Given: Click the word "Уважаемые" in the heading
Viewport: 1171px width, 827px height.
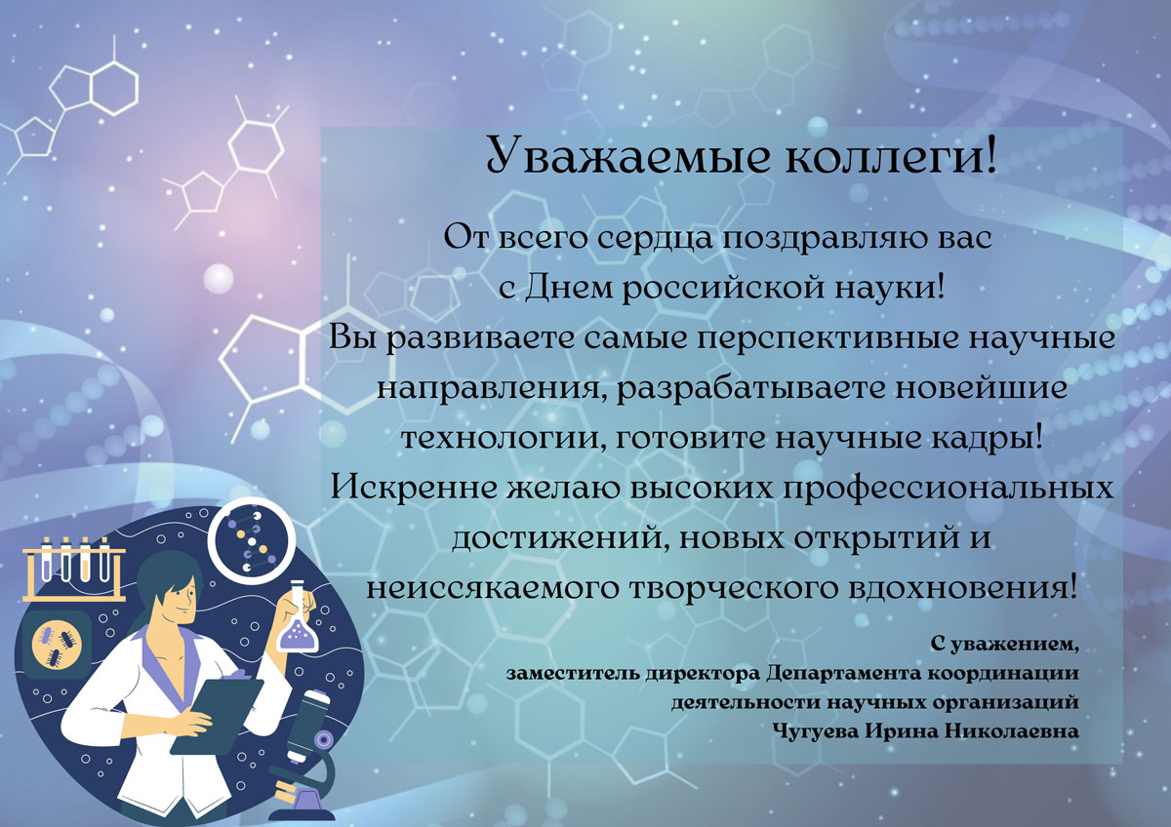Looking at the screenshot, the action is coord(628,155).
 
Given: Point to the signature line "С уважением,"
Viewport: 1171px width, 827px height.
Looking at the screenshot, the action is coord(1004,646).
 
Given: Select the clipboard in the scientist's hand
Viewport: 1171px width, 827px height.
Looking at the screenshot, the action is coord(218,715).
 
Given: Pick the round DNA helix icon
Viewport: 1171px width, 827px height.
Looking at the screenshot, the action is coord(252,540).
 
